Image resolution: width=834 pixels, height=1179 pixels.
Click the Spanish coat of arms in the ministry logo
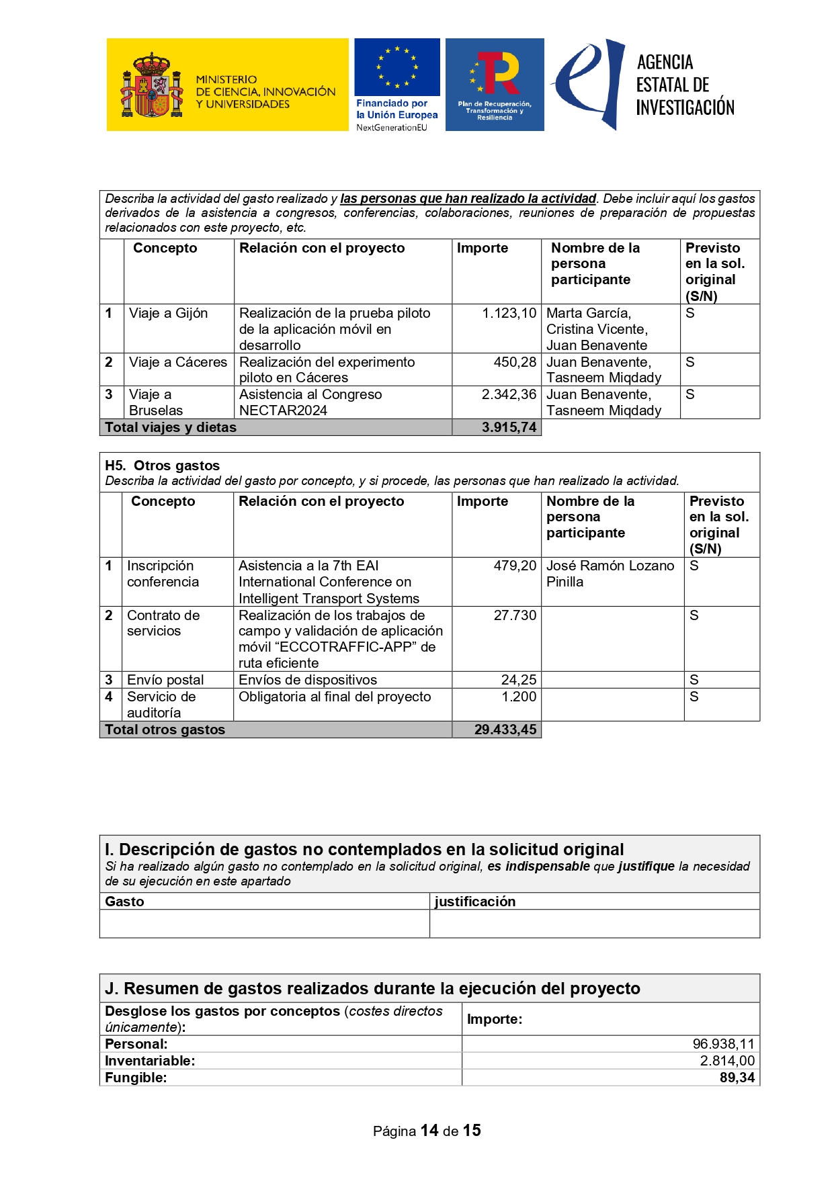(151, 86)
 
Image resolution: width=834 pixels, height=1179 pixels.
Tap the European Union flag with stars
(397, 67)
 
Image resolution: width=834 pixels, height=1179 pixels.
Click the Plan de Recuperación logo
(495, 84)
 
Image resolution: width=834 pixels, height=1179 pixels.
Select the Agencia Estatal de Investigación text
(684, 85)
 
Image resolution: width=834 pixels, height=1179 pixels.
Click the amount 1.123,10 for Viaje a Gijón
(509, 313)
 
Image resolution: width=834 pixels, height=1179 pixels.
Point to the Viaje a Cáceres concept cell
(178, 362)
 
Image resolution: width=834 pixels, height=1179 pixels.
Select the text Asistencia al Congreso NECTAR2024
(310, 402)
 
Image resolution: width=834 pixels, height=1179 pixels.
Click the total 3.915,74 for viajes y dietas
(509, 427)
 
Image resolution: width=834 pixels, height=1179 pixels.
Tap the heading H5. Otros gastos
(162, 466)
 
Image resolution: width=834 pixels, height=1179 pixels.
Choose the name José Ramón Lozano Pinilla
(610, 574)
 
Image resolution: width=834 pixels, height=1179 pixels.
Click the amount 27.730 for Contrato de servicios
(515, 615)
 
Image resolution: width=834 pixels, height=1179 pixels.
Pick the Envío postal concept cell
(165, 680)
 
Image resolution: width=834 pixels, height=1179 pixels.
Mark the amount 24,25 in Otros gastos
(518, 680)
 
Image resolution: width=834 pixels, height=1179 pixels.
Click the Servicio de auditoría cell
(161, 705)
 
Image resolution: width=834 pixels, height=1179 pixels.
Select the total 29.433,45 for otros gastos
(505, 730)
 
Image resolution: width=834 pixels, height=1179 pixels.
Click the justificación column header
(474, 902)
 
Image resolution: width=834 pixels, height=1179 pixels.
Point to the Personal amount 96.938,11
(723, 1044)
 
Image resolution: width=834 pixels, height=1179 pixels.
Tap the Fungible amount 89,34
(737, 1078)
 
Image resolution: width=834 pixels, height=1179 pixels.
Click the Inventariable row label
(150, 1061)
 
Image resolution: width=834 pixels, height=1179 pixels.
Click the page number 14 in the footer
(429, 1131)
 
